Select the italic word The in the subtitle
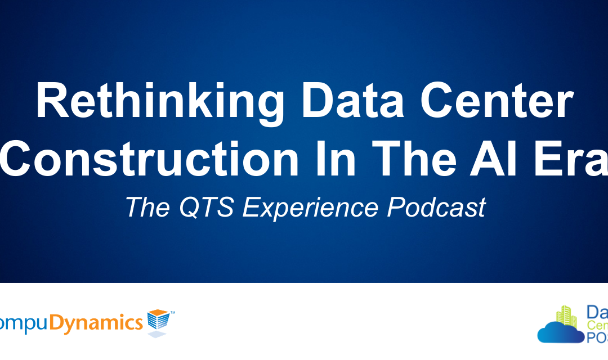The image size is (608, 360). [x=146, y=207]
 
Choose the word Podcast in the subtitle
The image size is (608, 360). [x=436, y=207]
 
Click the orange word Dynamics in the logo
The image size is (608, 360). [x=96, y=323]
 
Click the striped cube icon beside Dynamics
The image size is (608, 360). [x=158, y=322]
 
